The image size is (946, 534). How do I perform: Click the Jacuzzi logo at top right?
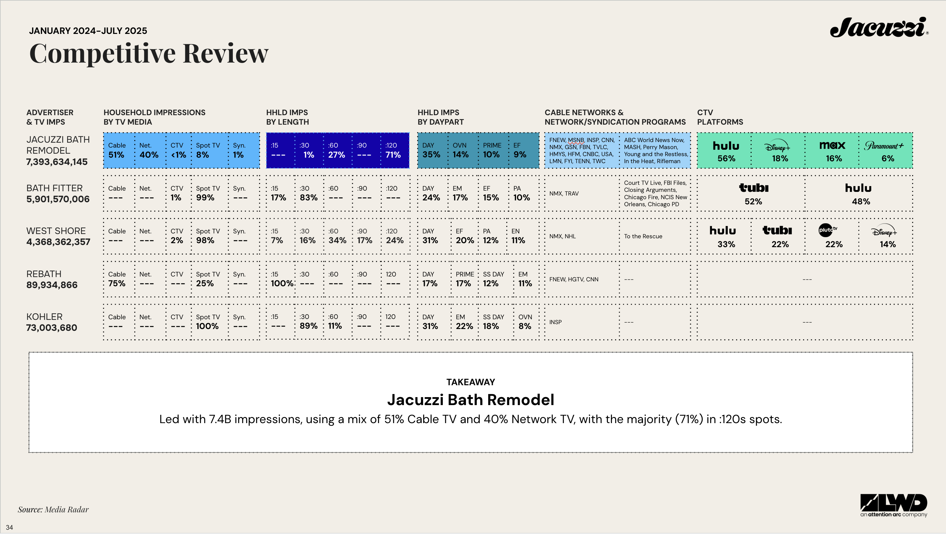tap(879, 27)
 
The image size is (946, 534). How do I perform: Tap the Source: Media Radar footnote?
tap(53, 509)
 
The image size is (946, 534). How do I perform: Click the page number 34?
tap(9, 527)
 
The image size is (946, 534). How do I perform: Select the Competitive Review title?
tap(149, 53)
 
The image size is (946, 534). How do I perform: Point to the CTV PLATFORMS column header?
tap(720, 117)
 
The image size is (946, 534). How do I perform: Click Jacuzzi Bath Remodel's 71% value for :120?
tap(393, 155)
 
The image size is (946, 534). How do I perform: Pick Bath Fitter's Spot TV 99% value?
tap(205, 198)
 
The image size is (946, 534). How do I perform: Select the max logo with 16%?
tap(832, 145)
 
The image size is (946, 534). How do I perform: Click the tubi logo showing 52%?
tap(753, 188)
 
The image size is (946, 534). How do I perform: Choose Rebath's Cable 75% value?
tap(117, 283)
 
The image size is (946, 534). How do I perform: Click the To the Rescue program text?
tap(643, 236)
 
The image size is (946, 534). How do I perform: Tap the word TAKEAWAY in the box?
tap(471, 382)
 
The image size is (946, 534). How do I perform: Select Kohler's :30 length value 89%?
tap(309, 326)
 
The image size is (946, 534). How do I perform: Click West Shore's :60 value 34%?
tap(337, 240)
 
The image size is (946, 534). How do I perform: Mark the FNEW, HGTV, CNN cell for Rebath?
tap(574, 279)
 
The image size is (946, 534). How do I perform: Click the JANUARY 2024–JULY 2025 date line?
tap(88, 31)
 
